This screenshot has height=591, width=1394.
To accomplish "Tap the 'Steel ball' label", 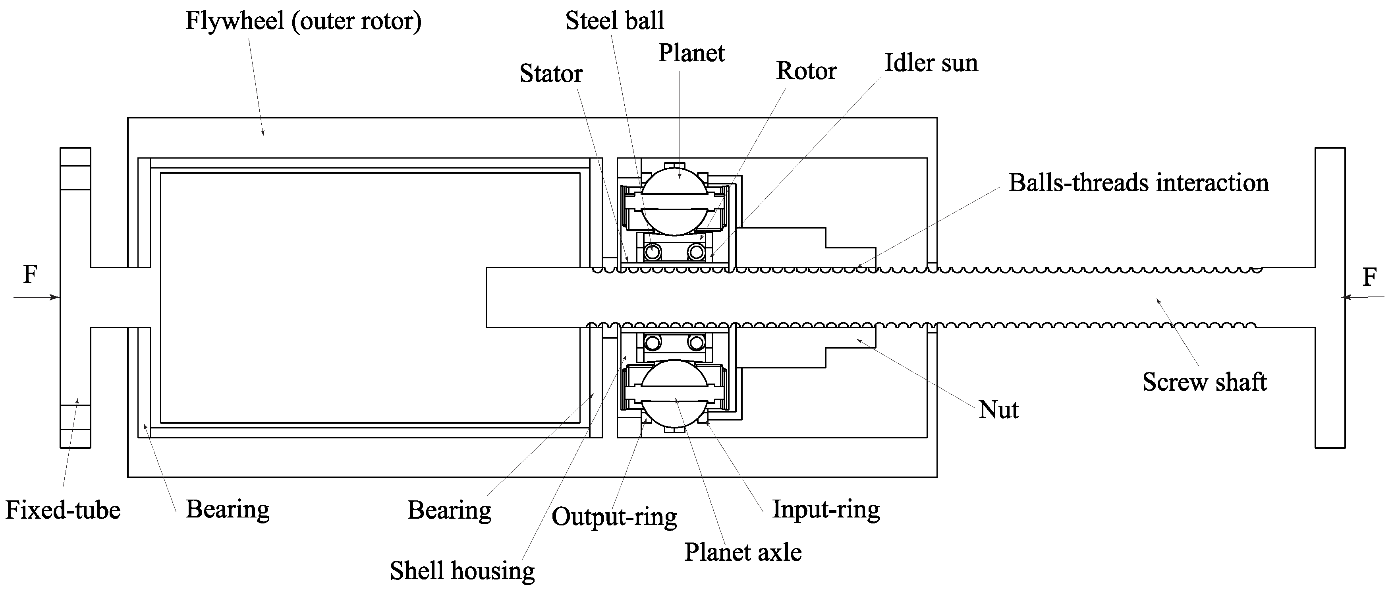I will point(615,21).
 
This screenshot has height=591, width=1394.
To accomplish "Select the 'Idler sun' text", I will point(931,63).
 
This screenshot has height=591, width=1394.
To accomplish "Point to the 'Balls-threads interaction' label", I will point(1139,183).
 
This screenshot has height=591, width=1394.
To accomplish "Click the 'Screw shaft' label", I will point(1205,382).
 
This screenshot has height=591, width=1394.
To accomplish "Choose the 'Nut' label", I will point(998,410).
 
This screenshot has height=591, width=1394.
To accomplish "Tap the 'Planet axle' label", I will point(742,552).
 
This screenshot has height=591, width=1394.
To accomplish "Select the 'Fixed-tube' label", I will point(63,510).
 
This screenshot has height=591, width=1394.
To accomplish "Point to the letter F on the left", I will point(30,275).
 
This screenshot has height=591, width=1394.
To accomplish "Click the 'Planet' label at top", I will point(691,53).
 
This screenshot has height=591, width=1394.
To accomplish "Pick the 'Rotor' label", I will point(806,71).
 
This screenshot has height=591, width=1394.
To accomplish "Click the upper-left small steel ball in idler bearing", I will point(653,252).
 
